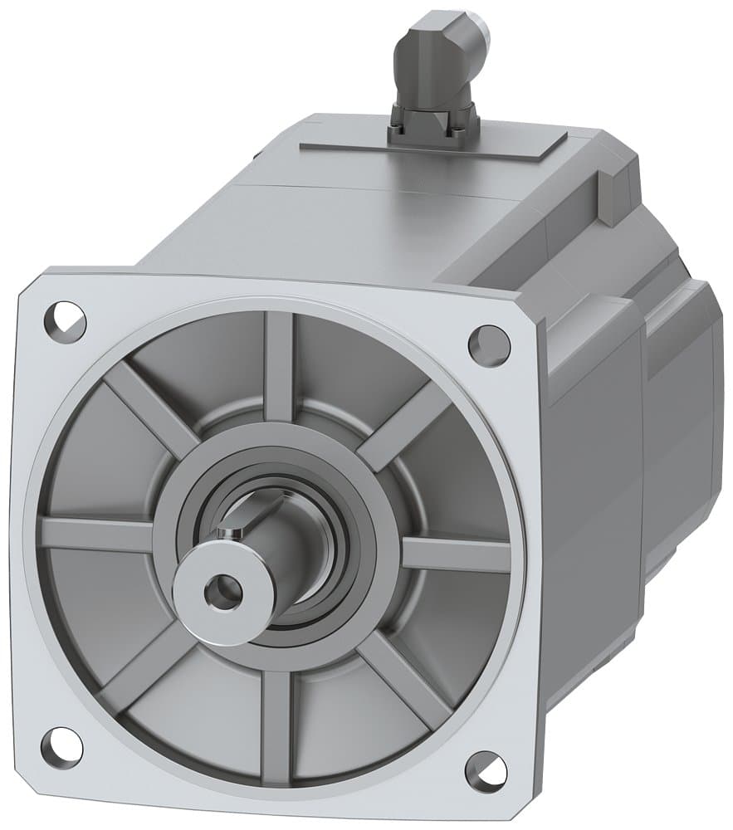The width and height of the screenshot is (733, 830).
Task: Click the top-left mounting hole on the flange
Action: tap(70, 317)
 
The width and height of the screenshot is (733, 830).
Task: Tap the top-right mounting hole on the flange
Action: tap(488, 344)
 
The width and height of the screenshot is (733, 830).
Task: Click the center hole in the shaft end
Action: tap(222, 591)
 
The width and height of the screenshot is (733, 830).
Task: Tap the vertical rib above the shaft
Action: tap(279, 365)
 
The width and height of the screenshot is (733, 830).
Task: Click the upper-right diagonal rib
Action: tap(403, 427)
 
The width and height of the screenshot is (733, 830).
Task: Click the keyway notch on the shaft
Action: tap(235, 520)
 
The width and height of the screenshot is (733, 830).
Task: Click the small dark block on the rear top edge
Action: tap(612, 195)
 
